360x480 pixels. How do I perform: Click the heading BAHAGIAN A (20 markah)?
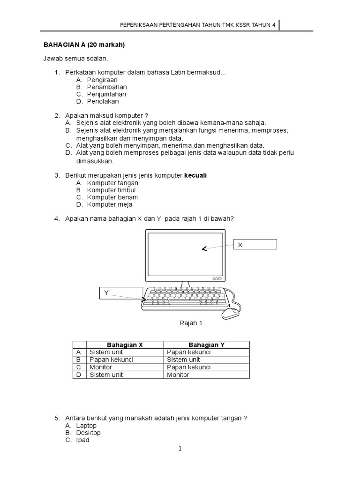click(84, 45)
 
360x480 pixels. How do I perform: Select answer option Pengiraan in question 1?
click(97, 80)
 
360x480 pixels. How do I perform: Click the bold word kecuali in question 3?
click(195, 175)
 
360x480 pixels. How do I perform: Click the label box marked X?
click(255, 245)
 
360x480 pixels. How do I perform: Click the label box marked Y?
click(120, 292)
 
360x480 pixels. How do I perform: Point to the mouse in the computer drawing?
click(231, 313)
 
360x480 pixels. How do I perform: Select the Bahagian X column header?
click(125, 345)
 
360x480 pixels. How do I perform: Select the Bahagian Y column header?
click(206, 345)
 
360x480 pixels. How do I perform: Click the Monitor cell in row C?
click(101, 367)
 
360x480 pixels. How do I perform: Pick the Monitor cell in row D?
click(178, 375)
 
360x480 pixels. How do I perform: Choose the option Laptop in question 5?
click(86, 426)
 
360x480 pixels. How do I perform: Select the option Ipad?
click(82, 440)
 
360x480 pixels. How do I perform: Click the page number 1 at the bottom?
click(180, 449)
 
